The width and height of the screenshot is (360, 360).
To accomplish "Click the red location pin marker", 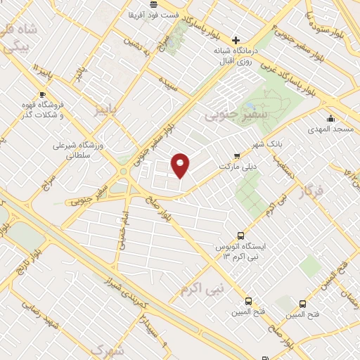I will point(181,165).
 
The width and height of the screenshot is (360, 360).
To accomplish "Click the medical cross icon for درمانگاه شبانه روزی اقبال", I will point(236,40).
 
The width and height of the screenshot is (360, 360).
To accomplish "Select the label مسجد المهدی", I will point(330,130).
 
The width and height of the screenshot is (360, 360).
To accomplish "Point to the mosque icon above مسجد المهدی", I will point(330,118).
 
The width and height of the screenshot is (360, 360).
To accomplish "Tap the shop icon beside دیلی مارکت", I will point(237,156).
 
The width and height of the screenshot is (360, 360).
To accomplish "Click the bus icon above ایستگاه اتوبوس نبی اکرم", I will point(241,236).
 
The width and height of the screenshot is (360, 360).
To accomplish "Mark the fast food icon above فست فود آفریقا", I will point(153,4).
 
